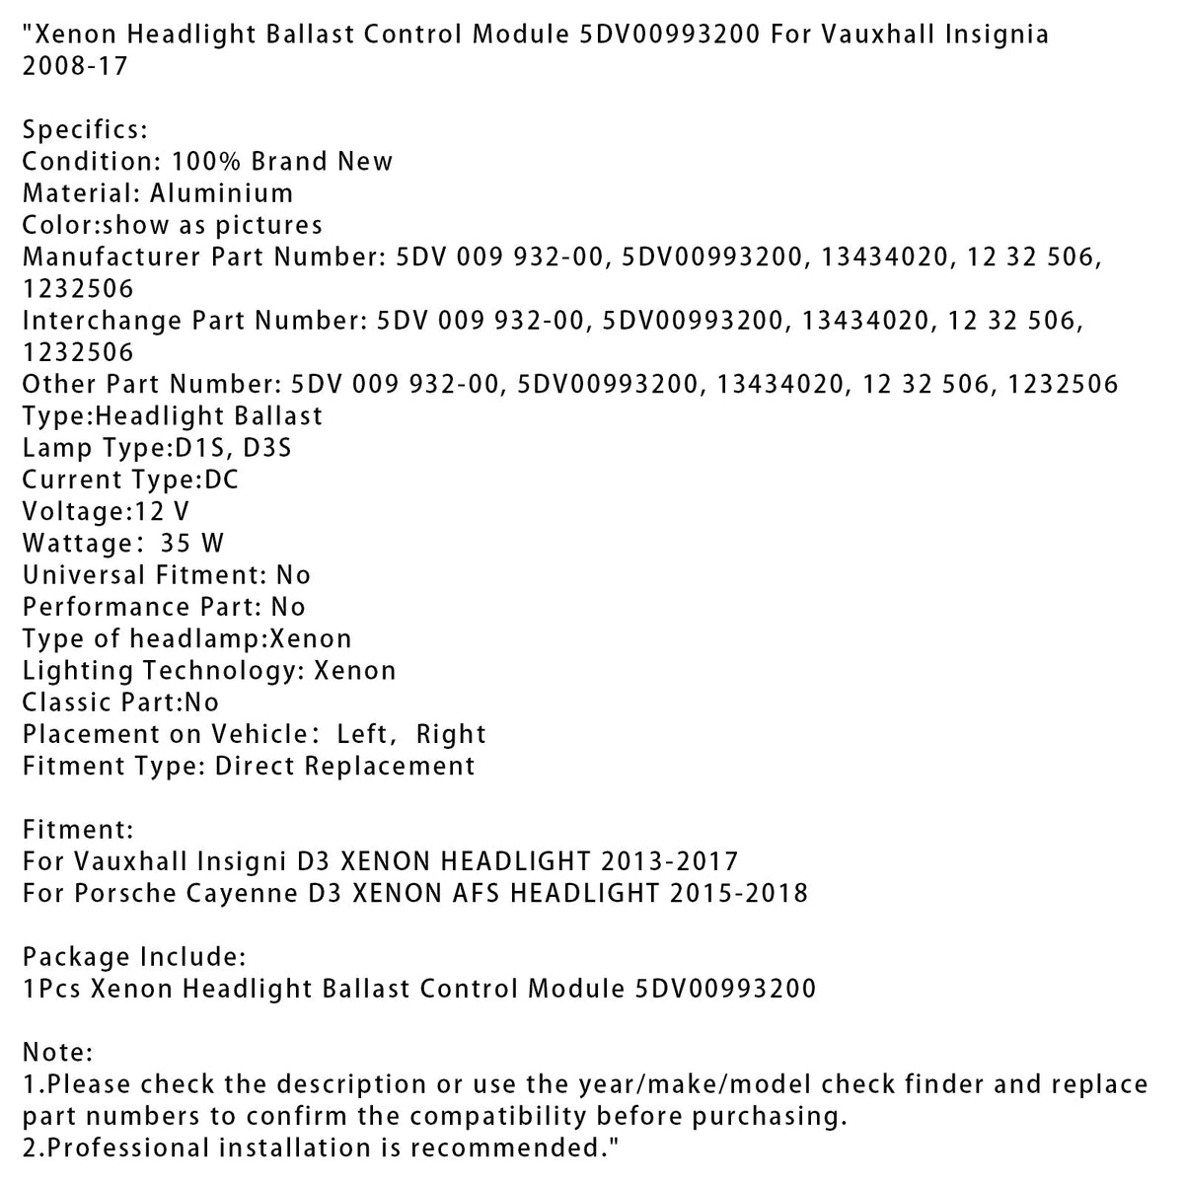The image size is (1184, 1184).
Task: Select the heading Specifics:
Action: click(x=85, y=130)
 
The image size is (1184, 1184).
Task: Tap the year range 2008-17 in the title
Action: click(x=75, y=67)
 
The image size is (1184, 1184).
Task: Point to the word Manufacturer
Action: click(x=111, y=257)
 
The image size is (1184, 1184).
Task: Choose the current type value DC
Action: click(x=221, y=480)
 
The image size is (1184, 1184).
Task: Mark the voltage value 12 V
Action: click(x=162, y=511)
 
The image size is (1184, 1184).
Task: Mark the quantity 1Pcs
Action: click(x=50, y=989)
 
